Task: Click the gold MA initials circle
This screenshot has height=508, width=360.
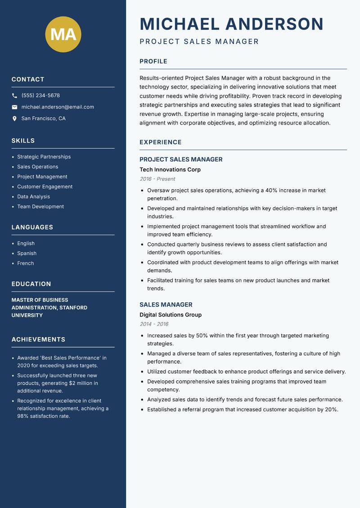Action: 63,35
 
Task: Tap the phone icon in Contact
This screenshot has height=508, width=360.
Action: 14,96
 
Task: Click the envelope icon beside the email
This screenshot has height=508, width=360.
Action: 14,107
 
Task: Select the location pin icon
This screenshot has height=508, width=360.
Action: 14,119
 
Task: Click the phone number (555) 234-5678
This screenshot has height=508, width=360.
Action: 40,96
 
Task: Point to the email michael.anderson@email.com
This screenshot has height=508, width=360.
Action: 58,107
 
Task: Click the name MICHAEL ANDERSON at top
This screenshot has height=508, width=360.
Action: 231,24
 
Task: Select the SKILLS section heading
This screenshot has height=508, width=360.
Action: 23,141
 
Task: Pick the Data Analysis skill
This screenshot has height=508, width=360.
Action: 33,196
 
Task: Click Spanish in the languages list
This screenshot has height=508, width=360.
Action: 27,254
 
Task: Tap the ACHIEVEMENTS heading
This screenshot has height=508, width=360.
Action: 38,339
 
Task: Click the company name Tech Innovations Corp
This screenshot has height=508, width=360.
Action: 170,169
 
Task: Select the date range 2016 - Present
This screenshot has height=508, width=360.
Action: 157,179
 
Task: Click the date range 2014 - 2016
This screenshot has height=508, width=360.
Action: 154,324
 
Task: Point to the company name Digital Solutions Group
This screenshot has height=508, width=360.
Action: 171,315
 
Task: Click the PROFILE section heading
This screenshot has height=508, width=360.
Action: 153,62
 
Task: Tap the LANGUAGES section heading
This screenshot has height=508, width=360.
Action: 32,227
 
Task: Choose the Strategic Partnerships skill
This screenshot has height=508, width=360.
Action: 44,157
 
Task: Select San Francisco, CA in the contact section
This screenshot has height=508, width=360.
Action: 43,119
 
